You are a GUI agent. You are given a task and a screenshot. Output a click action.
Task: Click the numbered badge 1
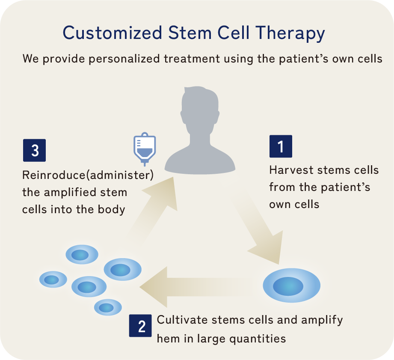point(281,146)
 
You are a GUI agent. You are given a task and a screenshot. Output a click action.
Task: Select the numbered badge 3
point(34,150)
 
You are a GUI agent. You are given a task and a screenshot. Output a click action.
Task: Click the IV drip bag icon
point(144,149)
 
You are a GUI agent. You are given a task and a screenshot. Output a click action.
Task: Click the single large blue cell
point(291,285)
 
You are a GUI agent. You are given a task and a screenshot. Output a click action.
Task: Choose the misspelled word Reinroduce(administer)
point(88,175)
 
